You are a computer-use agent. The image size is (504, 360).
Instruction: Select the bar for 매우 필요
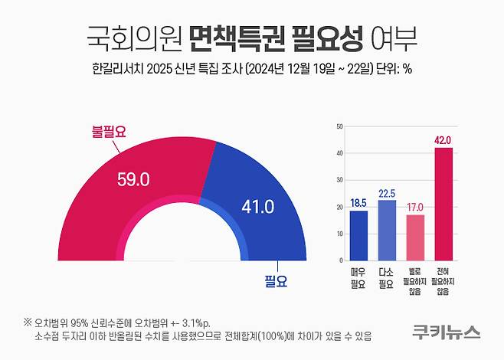point(358,234)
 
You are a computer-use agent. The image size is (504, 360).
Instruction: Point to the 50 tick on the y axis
point(339,126)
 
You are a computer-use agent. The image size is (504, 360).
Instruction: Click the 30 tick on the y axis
point(339,180)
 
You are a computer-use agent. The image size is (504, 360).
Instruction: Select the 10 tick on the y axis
point(339,234)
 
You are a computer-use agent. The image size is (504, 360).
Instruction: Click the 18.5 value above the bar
point(358,202)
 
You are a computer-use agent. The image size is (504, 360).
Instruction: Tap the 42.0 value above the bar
point(443,139)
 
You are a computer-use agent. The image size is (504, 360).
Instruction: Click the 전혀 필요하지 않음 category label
point(443,280)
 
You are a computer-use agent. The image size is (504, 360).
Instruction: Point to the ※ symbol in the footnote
point(28,322)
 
